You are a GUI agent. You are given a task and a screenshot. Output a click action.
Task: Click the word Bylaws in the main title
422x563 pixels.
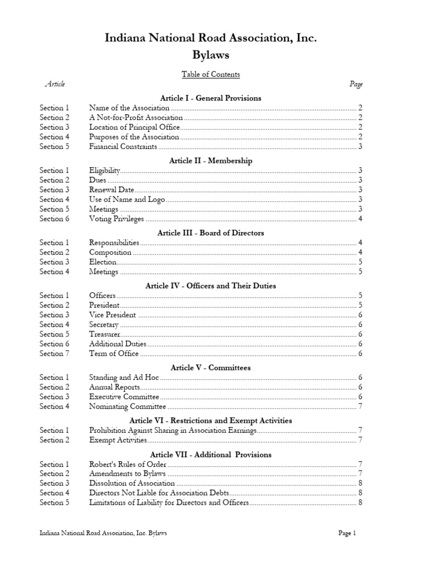coord(211,56)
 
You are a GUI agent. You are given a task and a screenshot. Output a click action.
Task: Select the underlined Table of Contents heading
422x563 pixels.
coord(211,74)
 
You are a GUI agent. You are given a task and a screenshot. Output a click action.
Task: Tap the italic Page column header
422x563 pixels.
coord(356,84)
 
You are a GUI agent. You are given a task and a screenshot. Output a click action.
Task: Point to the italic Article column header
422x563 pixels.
coord(54,84)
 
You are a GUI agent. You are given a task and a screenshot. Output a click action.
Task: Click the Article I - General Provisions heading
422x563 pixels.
coord(211,98)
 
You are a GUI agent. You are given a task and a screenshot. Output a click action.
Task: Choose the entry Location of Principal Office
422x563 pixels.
coord(135,127)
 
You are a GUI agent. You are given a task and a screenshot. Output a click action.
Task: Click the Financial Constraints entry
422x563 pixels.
coord(123,147)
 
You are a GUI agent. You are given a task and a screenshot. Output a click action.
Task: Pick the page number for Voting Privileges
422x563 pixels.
coord(360,219)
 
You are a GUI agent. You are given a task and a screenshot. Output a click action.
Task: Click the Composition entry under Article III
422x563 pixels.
coord(110,252)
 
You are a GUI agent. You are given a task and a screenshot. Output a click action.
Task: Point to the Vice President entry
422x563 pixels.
coord(112,315)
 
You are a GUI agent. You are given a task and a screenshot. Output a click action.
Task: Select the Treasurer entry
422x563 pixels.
coord(104,334)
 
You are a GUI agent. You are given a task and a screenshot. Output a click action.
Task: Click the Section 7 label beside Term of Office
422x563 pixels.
coord(54,354)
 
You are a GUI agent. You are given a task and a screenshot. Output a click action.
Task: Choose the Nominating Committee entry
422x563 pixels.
coord(127,406)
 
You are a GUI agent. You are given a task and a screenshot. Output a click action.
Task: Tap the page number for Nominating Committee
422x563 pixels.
coord(360,406)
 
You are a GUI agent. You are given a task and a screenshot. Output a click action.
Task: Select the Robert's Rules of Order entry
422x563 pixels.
coord(129,464)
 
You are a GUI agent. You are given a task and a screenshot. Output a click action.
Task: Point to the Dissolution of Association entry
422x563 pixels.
coord(132,483)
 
